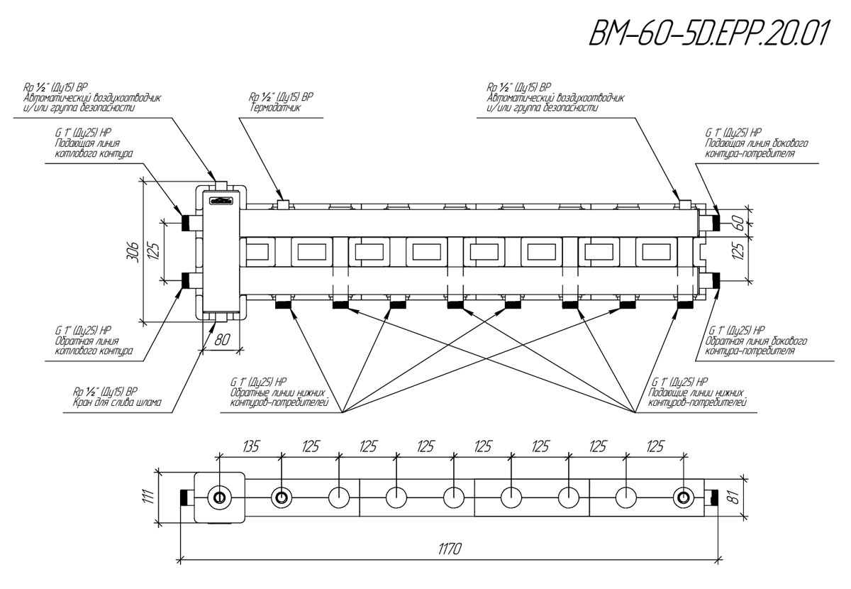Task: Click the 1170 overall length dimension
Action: (450, 549)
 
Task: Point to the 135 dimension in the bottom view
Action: (251, 446)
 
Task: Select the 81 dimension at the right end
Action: (735, 497)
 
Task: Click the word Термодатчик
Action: (276, 109)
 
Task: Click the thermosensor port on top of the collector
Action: (282, 204)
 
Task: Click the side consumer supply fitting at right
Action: (715, 222)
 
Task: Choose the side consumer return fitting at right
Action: (715, 281)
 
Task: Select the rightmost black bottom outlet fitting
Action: (684, 306)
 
